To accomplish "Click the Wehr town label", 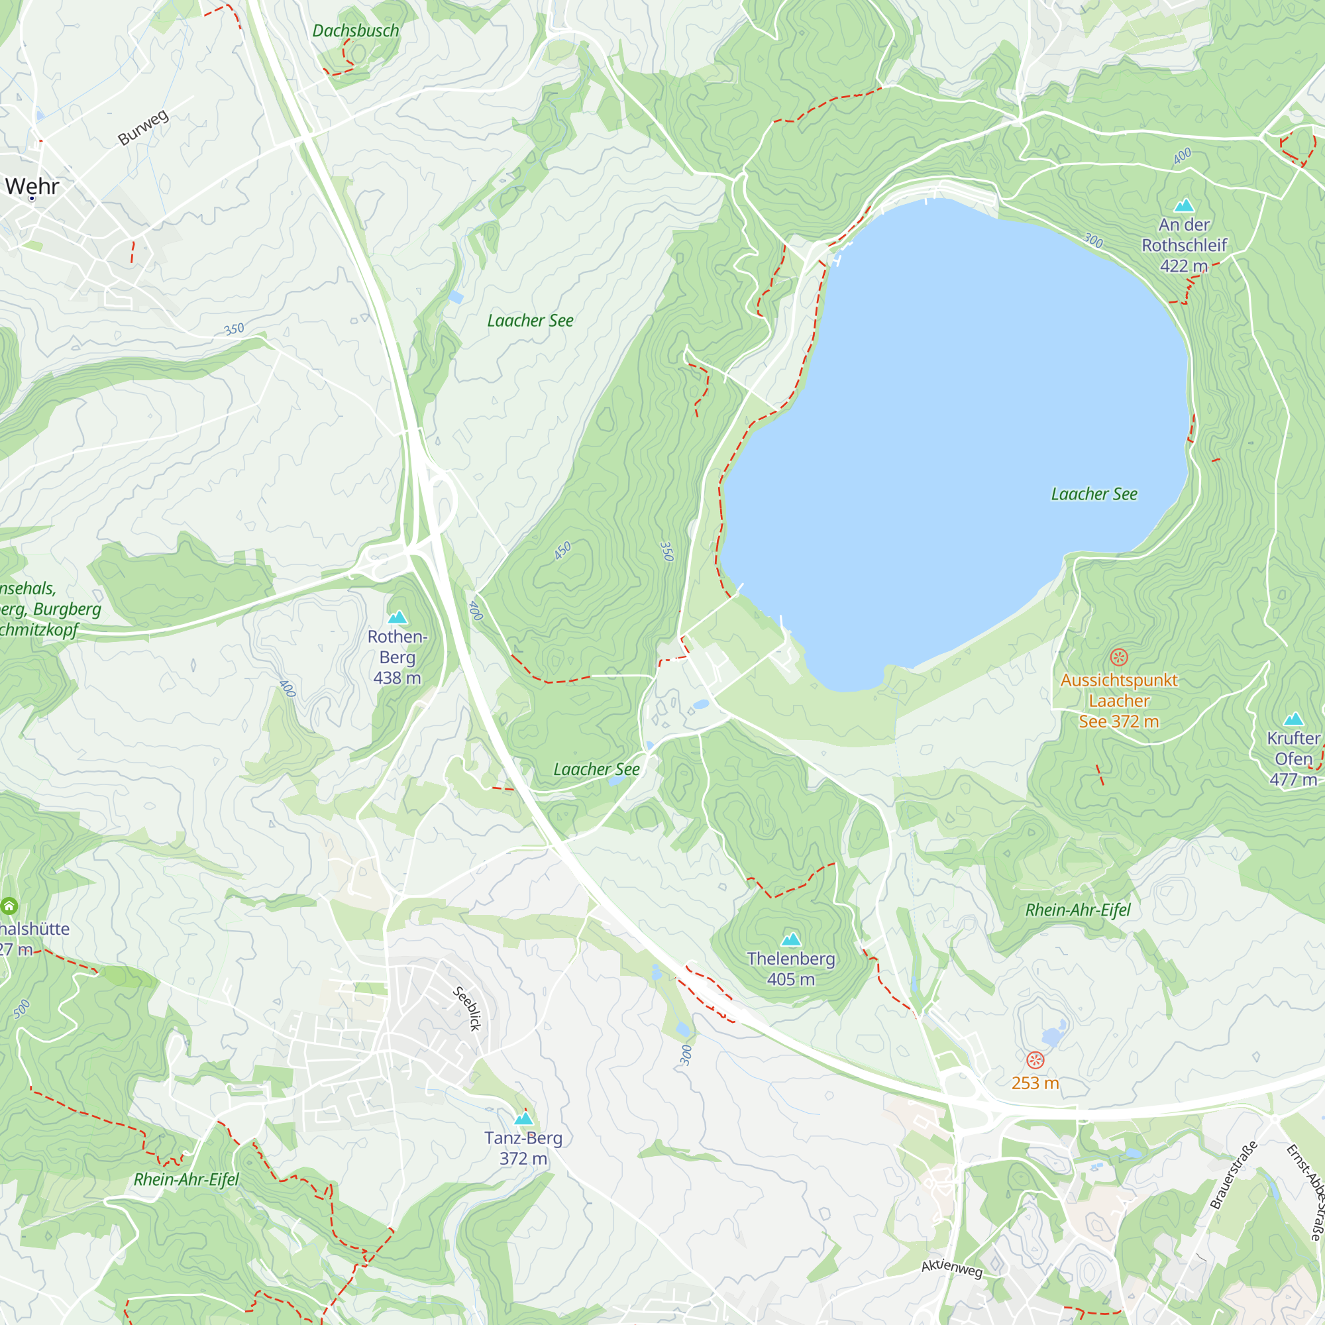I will [32, 186].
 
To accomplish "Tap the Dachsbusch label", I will [355, 31].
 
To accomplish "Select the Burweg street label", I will [142, 128].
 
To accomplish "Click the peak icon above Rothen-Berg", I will [397, 617].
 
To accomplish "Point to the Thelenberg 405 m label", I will [791, 969].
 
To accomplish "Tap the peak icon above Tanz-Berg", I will [524, 1118].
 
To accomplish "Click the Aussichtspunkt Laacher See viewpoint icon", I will [1118, 657].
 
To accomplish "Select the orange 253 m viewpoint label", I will [1035, 1083].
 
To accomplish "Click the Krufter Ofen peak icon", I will [1293, 719].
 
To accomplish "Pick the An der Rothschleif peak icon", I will [1184, 205].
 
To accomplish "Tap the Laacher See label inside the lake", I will [1094, 494].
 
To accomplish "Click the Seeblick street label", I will [467, 1009].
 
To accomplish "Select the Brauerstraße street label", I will [1233, 1175].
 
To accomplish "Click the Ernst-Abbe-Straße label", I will [1305, 1192].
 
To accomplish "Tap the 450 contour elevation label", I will [562, 551].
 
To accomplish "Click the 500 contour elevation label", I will [22, 1009].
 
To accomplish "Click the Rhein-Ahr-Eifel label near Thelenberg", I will [1077, 910].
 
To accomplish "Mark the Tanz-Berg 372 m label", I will [523, 1148].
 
